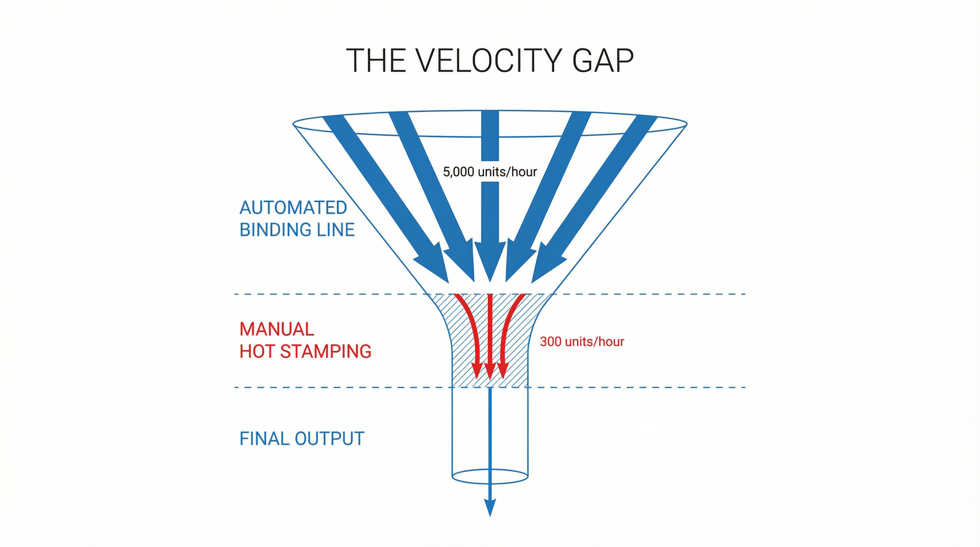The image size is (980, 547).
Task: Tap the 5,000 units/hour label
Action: point(490,172)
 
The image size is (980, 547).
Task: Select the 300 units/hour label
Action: point(582,342)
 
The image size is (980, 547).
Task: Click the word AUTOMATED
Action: point(293,208)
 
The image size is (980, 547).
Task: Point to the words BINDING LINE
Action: point(297,230)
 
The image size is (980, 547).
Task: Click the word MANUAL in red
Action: point(277,329)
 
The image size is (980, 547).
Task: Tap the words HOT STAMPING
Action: point(305,351)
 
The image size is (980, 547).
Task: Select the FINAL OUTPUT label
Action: point(302,439)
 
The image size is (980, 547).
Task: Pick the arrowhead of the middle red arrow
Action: point(490,371)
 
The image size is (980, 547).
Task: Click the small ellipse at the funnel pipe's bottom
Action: point(490,476)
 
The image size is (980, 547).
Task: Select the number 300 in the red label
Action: point(551,342)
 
